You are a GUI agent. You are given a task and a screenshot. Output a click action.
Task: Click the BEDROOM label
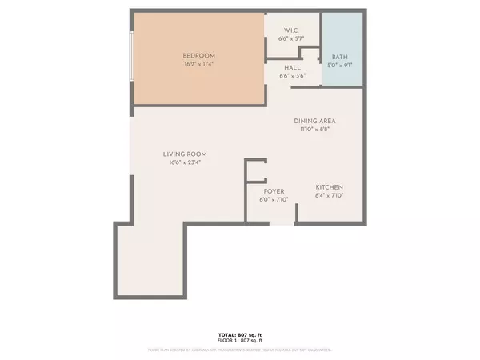tap(198, 56)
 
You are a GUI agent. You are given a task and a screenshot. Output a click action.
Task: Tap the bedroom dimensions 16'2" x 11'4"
tap(198, 63)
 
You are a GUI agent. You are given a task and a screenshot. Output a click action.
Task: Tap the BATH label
tap(340, 58)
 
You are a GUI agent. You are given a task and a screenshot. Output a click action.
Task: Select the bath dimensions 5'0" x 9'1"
tap(340, 66)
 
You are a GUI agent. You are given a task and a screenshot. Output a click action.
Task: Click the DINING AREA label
tap(317, 120)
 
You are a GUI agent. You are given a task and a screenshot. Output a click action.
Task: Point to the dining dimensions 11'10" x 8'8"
tap(317, 128)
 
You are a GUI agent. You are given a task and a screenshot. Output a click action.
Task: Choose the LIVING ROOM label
tap(185, 154)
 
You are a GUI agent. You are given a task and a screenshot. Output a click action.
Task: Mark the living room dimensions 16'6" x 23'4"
tap(185, 162)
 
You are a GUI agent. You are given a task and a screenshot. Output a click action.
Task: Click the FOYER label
tap(274, 192)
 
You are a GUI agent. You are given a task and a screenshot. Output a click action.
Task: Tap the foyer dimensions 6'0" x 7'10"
tap(274, 200)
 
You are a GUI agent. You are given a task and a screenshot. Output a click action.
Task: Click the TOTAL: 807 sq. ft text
tap(240, 335)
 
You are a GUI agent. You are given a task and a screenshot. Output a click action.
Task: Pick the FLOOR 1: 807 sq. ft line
tap(240, 341)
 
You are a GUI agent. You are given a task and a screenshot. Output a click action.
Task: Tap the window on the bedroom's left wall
tap(132, 56)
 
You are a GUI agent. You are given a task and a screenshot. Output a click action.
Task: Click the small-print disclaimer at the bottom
tap(240, 350)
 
